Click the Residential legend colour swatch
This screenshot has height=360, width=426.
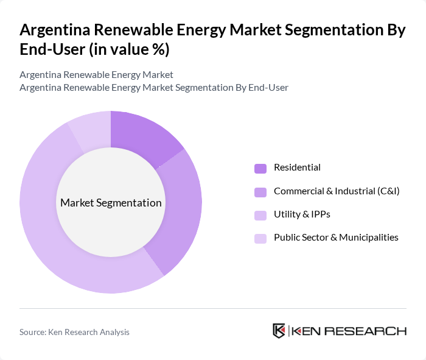pos(260,168)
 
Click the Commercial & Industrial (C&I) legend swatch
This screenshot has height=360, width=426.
pos(260,191)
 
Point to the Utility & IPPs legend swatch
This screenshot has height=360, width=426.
pos(260,214)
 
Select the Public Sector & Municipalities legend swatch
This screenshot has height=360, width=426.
pos(260,238)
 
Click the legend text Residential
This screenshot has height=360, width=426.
pos(297,168)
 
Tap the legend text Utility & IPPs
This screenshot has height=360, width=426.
pos(302,214)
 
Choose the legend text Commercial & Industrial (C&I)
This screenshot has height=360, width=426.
pos(337,191)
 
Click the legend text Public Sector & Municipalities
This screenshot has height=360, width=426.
pos(336,237)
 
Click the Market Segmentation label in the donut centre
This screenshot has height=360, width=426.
pos(111,203)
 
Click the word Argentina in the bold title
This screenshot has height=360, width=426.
pos(54,30)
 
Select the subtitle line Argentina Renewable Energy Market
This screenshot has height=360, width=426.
pos(96,74)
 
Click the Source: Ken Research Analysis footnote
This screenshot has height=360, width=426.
pos(74,332)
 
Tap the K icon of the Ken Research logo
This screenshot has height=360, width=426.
pos(279,331)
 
